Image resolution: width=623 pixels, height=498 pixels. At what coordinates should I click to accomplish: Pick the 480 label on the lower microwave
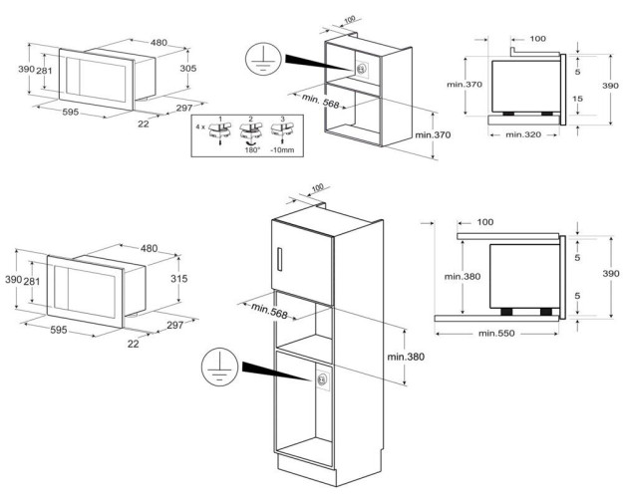click(x=149, y=248)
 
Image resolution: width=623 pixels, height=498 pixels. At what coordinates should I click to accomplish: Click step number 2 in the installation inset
click(x=251, y=119)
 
